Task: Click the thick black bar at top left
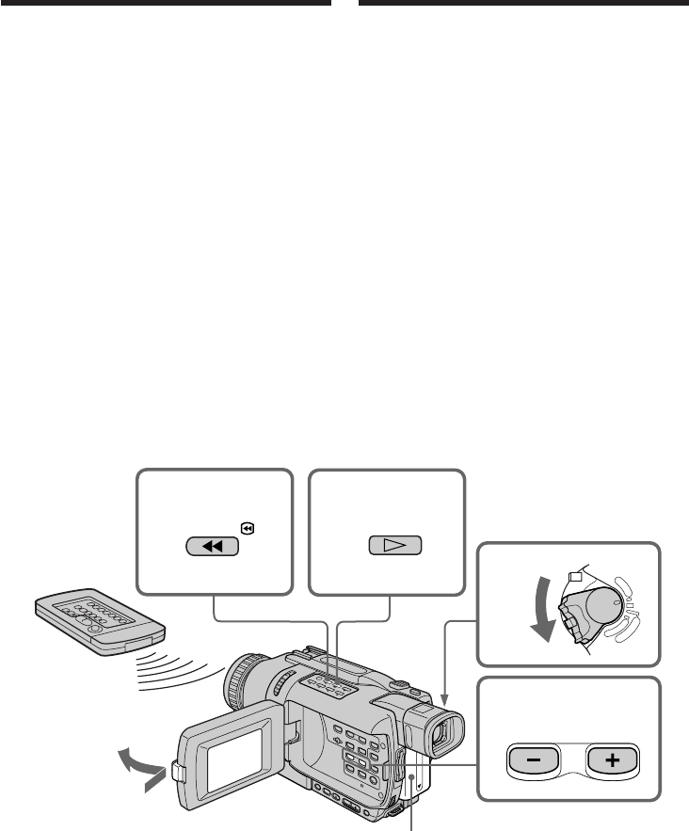[x=166, y=3]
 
